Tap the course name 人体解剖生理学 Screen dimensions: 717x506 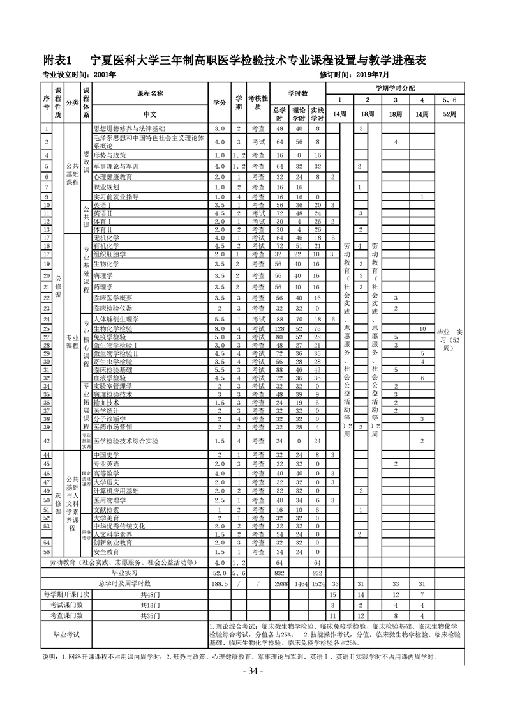(115, 319)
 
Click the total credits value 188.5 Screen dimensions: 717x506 (219, 583)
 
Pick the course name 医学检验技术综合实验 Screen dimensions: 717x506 (135, 441)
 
